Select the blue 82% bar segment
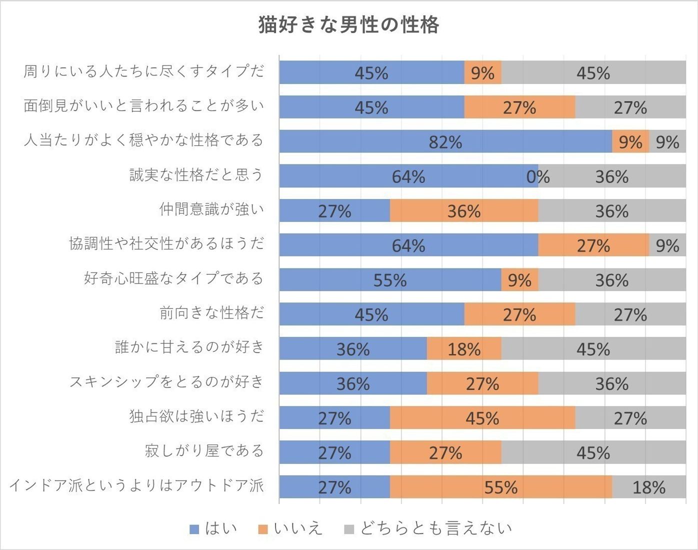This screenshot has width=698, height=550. click(445, 141)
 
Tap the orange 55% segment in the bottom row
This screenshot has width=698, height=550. click(500, 487)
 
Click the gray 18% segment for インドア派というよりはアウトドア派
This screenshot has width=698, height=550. click(648, 487)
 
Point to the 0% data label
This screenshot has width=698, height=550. click(538, 176)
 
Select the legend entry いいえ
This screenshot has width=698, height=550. click(290, 528)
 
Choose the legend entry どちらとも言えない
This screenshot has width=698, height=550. click(428, 528)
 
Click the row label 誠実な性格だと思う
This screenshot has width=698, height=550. click(196, 175)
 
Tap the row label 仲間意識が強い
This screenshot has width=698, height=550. click(211, 209)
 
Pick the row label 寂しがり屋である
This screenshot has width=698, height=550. click(204, 451)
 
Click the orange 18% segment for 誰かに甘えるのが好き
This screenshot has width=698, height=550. click(463, 348)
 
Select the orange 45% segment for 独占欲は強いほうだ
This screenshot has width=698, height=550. click(482, 418)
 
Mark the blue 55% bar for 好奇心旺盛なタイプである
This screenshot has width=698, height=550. click(390, 280)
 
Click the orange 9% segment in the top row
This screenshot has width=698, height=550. click(482, 73)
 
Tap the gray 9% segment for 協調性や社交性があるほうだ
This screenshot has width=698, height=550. click(667, 245)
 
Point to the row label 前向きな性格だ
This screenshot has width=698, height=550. click(211, 313)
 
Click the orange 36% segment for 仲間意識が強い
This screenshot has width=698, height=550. click(463, 211)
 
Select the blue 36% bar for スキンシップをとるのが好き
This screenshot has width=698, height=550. click(352, 383)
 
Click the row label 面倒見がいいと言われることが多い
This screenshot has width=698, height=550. click(143, 106)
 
